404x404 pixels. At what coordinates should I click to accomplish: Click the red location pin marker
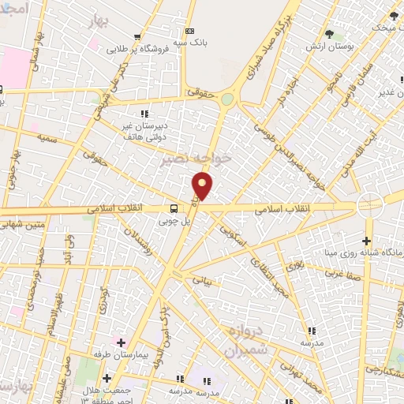click(204, 186)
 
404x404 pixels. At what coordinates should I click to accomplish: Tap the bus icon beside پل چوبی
click(174, 209)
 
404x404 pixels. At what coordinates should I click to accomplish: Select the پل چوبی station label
click(174, 222)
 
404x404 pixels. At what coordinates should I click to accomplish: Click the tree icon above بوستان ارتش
click(329, 33)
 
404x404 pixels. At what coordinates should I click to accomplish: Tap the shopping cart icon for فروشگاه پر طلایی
click(138, 37)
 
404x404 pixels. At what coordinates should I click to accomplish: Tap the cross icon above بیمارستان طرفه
click(120, 342)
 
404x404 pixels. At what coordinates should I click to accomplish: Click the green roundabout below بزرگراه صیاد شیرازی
click(227, 99)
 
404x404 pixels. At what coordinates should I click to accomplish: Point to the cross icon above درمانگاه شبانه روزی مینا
click(366, 240)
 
